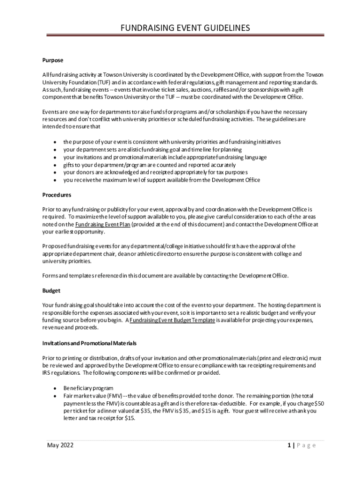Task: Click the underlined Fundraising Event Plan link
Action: point(102,225)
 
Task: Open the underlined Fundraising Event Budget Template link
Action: point(173,320)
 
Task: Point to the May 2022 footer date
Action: point(60,445)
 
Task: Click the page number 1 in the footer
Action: point(290,445)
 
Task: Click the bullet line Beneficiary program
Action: point(88,388)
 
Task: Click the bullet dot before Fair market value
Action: point(55,396)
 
